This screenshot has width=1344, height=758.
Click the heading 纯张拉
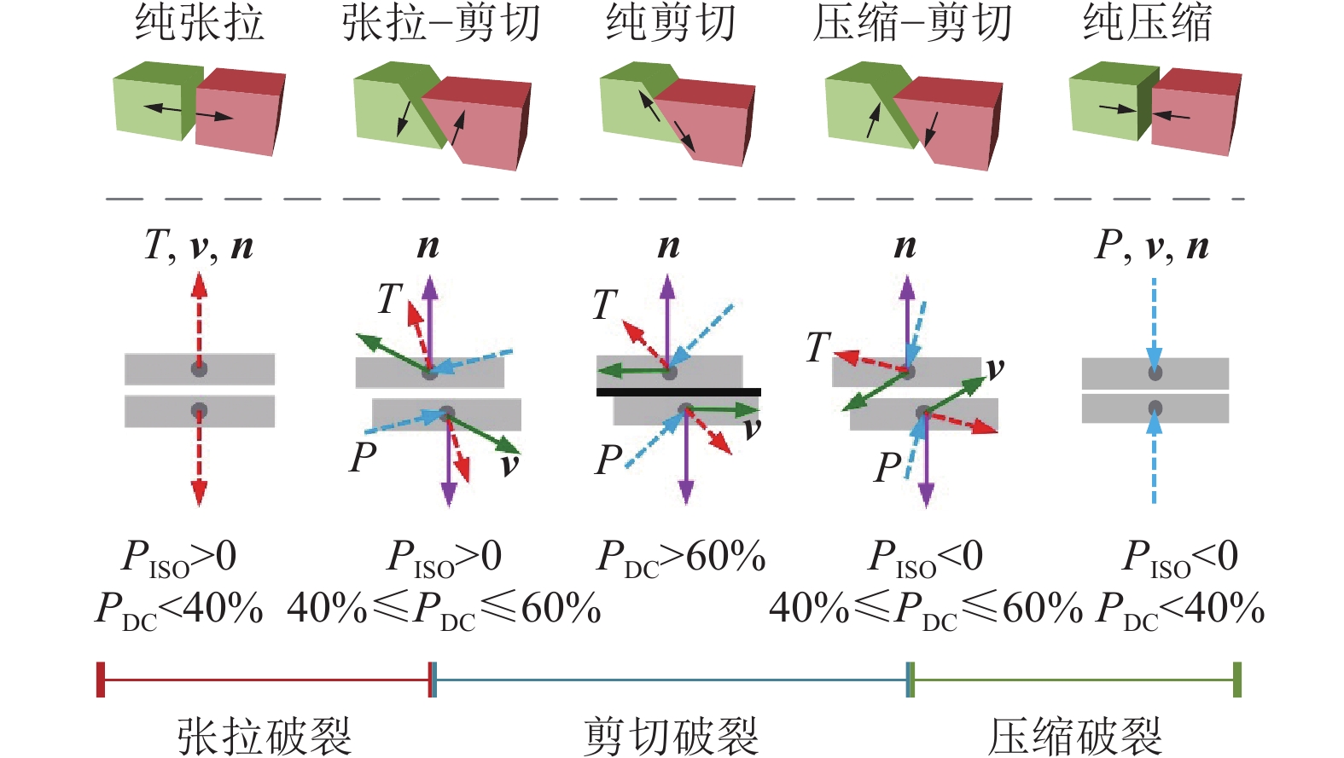pos(199,23)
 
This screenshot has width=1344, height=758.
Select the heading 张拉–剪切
pos(441,23)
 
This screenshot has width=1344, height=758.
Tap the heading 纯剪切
pos(671,23)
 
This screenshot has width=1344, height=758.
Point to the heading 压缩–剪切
pos(912,23)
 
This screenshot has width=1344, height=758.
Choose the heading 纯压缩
pos(1147,23)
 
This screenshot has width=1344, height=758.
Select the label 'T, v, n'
pos(199,246)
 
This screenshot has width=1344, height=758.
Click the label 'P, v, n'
pos(1152,246)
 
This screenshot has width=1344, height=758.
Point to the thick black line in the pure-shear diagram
pos(678,392)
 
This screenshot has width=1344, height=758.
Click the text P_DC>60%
pos(680,558)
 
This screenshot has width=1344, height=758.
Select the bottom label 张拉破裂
pos(265,735)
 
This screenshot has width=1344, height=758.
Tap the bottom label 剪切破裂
pos(671,735)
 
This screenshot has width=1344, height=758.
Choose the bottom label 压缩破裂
pos(1075,735)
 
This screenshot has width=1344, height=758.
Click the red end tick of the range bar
pos(101,680)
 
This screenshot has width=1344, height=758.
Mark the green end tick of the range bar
pos(1236,680)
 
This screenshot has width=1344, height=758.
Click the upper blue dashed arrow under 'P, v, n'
pos(1155,320)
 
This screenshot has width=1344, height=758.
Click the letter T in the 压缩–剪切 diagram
pos(817,347)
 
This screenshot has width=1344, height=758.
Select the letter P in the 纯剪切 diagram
pos(608,460)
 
